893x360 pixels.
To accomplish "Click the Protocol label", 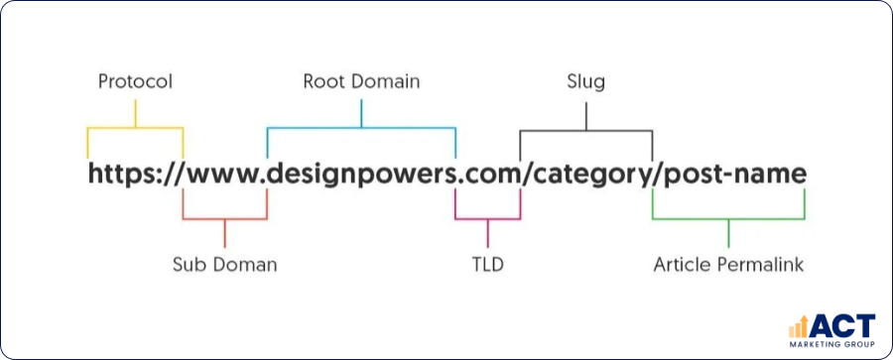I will click(135, 81).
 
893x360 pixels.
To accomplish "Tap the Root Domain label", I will click(361, 81).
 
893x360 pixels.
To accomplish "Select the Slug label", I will click(585, 81).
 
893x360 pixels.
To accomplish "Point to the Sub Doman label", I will click(225, 265).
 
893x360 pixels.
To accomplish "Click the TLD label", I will click(488, 265).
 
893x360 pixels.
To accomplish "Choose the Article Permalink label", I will click(728, 265).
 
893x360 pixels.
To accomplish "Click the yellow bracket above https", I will click(135, 128).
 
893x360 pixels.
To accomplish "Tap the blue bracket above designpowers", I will click(361, 128).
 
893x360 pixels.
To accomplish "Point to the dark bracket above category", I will click(585, 129).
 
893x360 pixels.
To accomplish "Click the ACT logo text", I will click(843, 325).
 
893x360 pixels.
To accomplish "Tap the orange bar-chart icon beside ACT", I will click(799, 326).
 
